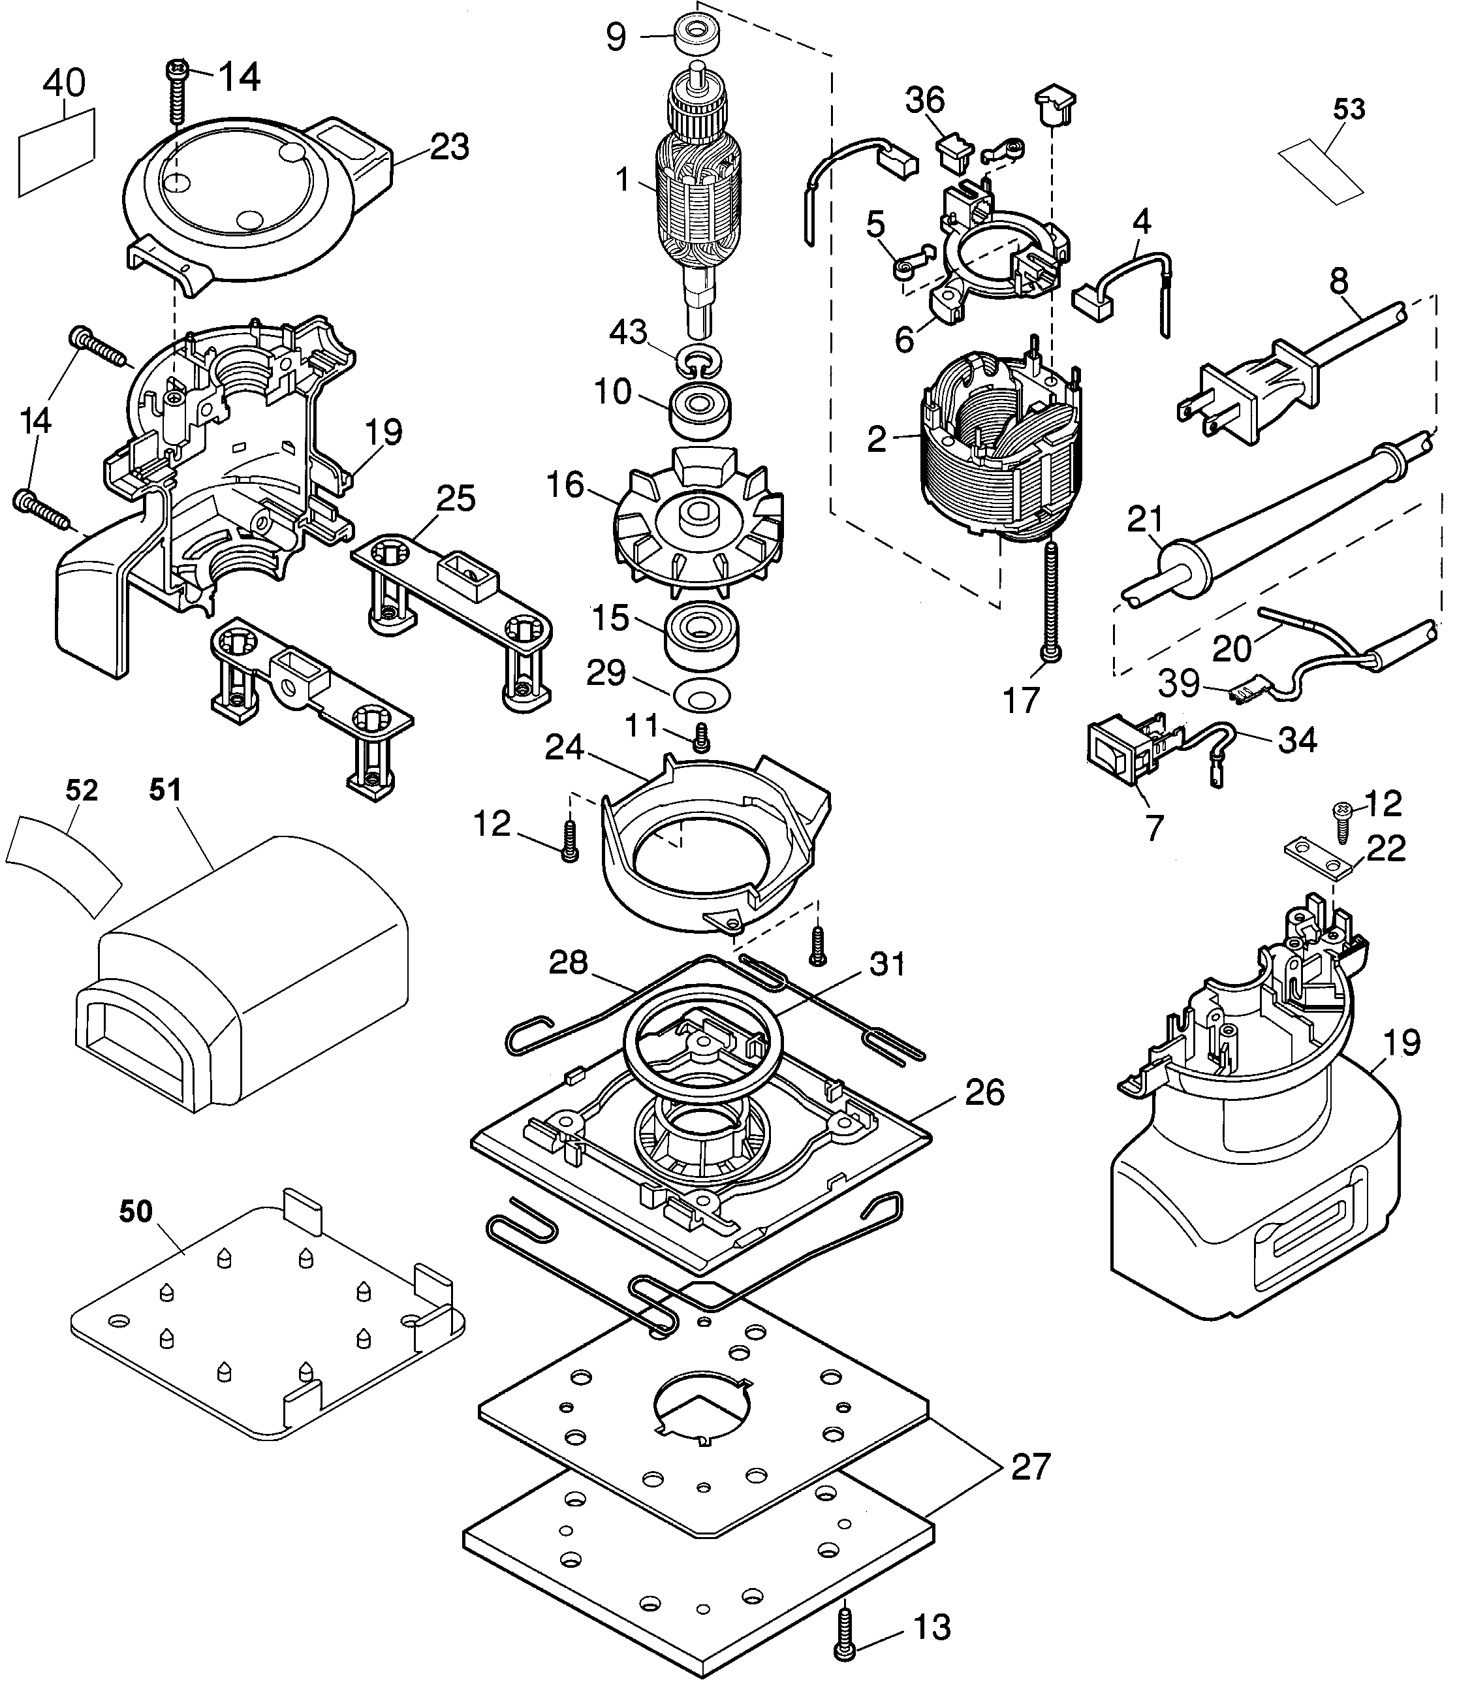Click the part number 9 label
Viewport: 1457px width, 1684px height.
[x=616, y=37]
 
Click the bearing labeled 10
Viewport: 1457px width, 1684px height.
[x=700, y=411]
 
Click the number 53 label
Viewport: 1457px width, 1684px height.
[x=1349, y=109]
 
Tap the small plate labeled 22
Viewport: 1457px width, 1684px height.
[x=1317, y=859]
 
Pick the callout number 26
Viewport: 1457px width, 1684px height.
[x=984, y=1093]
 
